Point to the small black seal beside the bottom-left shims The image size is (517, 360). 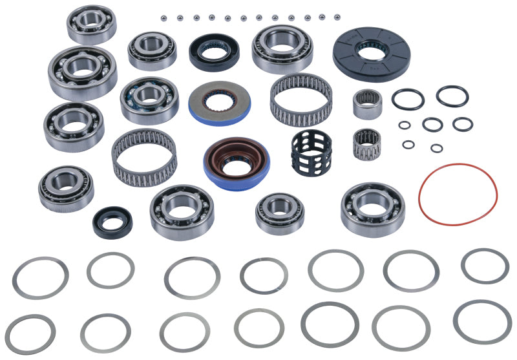tap(112, 222)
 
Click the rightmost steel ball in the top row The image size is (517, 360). tap(337, 15)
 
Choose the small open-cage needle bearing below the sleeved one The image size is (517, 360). tap(366, 143)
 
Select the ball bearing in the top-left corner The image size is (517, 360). tap(92, 25)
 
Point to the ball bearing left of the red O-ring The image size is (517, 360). tap(372, 209)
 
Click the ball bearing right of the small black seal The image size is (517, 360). tap(182, 212)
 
